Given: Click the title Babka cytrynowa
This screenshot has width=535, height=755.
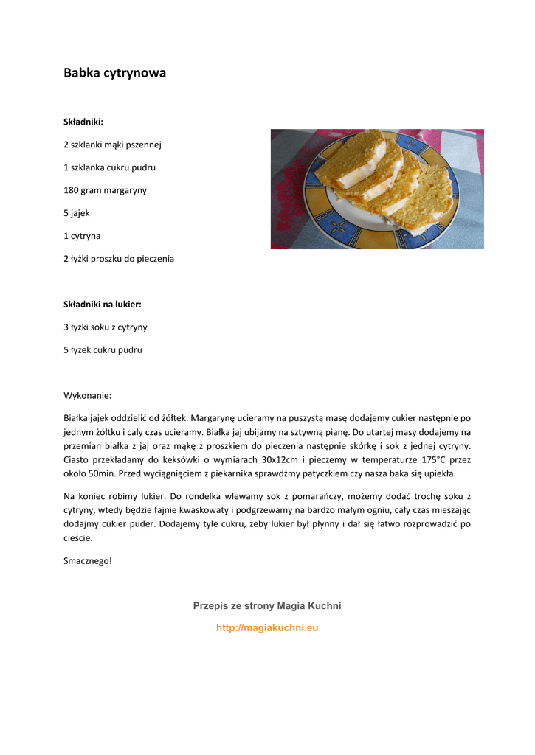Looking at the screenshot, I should pos(114,73).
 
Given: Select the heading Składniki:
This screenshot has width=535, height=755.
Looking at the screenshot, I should pos(83,122).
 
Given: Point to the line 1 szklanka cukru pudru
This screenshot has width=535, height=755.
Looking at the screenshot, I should pos(109,167).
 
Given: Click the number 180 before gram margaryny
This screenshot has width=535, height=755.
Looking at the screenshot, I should pos(71,190).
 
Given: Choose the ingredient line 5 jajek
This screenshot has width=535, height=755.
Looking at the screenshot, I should pos(77,213).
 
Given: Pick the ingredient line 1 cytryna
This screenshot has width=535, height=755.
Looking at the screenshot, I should pos(82,236).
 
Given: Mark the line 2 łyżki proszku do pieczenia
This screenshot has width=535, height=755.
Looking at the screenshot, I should pos(119,259).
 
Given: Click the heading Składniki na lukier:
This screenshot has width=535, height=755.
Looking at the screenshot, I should pos(102,304).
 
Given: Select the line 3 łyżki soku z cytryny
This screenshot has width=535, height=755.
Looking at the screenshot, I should pos(106,327).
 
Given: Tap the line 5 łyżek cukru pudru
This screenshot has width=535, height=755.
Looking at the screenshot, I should pos(103,349).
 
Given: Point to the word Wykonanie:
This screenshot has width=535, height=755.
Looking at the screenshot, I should pos(87,395).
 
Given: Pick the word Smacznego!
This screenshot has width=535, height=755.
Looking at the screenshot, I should pos(88,561).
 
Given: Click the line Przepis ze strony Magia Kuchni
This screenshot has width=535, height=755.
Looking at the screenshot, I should pos(267,605).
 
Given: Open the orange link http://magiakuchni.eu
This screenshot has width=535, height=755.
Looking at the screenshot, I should pos(267,628).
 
